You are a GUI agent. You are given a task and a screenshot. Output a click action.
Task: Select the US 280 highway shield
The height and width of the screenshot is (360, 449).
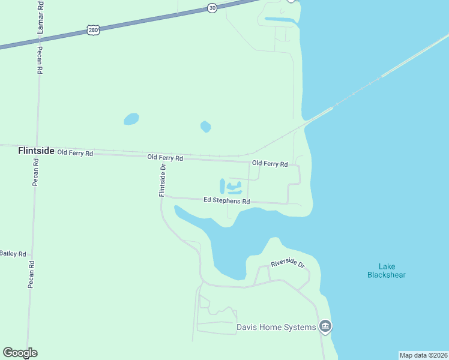click(92, 29)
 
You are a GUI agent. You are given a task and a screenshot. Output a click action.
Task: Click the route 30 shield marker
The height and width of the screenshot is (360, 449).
click(212, 8)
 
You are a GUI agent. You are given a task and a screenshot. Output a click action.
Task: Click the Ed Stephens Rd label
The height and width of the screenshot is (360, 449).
click(226, 201)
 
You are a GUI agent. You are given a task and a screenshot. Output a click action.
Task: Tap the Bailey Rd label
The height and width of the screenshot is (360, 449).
click(13, 254)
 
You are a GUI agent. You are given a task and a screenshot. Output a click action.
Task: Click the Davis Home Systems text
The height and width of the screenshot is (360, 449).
click(276, 327)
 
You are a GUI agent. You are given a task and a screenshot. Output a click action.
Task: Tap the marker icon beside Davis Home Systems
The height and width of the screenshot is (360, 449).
click(326, 327)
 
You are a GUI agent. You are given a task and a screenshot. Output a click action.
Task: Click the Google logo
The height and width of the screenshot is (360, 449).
click(20, 353)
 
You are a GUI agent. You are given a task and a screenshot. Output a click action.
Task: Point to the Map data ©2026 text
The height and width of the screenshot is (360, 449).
click(423, 355)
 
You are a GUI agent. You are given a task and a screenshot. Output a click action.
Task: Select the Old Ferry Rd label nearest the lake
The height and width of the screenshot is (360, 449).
click(270, 164)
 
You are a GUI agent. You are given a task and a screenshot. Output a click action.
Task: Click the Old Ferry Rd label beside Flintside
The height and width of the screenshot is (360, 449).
click(75, 154)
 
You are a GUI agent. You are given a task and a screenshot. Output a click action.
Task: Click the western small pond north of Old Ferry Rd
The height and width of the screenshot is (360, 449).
click(131, 119)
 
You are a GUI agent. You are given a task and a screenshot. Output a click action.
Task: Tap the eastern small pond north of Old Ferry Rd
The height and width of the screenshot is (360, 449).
click(205, 126)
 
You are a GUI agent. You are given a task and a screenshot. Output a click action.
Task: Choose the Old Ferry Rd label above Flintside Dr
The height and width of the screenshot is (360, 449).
click(165, 158)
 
